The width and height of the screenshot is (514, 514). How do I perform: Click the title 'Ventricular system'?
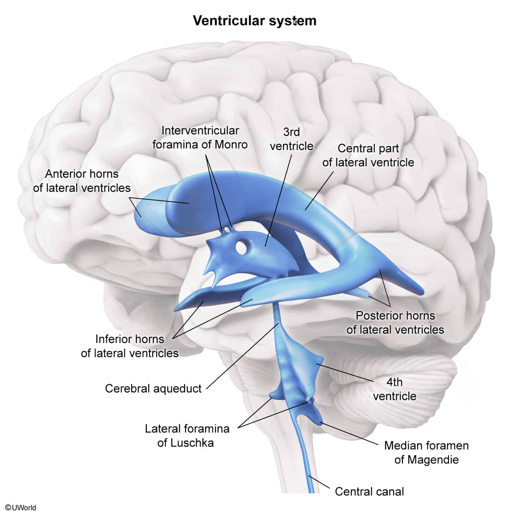[x=254, y=21]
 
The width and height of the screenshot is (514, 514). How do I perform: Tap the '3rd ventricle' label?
[x=292, y=139]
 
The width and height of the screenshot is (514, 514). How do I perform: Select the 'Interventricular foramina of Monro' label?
[x=200, y=137]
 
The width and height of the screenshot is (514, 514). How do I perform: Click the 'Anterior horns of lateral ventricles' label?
[x=82, y=181]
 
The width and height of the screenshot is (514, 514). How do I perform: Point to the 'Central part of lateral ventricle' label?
[x=368, y=155]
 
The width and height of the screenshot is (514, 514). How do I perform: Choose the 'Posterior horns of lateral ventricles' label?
[x=395, y=322]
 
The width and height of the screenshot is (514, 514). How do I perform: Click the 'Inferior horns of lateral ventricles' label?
[x=130, y=346]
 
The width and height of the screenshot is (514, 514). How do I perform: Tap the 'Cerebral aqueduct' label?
[x=153, y=388]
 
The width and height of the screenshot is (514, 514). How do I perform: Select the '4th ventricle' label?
[x=395, y=389]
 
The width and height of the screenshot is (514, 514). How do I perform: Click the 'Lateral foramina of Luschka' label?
[x=187, y=435]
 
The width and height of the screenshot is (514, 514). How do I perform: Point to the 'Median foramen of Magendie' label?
[x=426, y=452]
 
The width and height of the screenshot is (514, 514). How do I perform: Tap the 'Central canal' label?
[x=369, y=491]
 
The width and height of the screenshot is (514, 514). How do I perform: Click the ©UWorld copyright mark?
[x=21, y=507]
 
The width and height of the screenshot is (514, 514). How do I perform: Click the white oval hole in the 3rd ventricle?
[x=241, y=247]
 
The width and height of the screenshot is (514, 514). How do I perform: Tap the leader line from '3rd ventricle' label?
[x=279, y=198]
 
